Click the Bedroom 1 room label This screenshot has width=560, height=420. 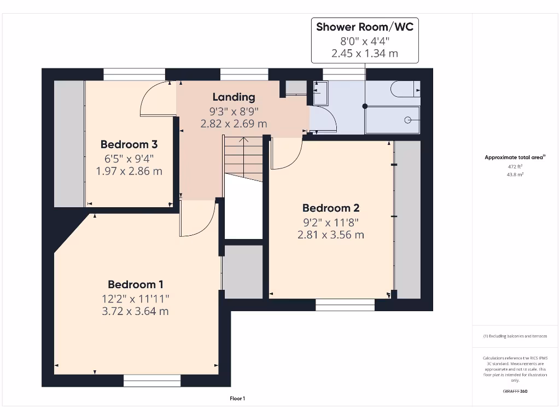[x=136, y=284]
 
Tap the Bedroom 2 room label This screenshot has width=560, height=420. [x=331, y=208]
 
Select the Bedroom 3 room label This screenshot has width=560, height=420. [x=129, y=144]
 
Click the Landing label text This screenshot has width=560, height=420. [x=234, y=97]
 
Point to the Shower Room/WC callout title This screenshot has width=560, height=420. [x=365, y=27]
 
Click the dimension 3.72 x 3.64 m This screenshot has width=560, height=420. [x=136, y=311]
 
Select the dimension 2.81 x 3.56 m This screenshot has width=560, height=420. [x=331, y=235]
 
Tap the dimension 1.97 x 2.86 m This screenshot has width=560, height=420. [x=129, y=171]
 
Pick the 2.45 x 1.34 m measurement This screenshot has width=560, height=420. [x=365, y=53]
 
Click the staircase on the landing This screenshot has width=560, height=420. [x=243, y=159]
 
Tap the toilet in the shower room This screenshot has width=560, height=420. [x=405, y=89]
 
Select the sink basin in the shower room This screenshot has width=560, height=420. [x=320, y=93]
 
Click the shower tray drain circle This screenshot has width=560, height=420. [x=407, y=120]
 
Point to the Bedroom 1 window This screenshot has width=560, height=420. [x=152, y=381]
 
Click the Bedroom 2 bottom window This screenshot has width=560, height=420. [x=345, y=305]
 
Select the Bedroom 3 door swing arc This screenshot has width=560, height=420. [x=155, y=100]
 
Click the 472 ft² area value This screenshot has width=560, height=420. [x=515, y=166]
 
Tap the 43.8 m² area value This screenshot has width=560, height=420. [x=515, y=174]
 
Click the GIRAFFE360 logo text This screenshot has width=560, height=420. [x=515, y=391]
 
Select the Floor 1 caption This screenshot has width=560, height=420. [x=237, y=399]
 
